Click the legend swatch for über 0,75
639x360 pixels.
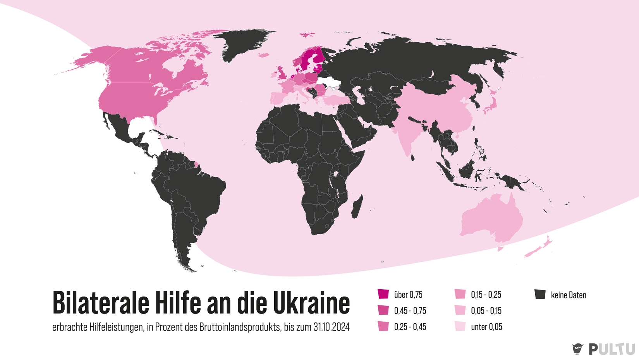pos(383,294)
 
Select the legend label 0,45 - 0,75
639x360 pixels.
pos(410,311)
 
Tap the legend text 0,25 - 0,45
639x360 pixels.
pos(410,327)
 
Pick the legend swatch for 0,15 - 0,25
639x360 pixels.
pos(460,294)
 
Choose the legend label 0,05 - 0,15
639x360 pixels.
pos(486,311)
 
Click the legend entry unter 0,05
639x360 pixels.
pos(486,327)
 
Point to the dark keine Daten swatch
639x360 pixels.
pos(540,295)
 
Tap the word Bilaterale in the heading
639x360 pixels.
pos(101,303)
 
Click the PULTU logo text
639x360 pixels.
pos(612,349)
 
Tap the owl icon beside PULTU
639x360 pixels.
pos(577,349)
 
